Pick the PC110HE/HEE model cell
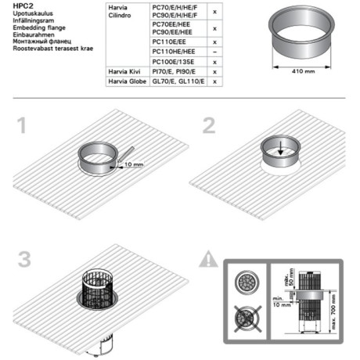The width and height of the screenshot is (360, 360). click(x=173, y=50)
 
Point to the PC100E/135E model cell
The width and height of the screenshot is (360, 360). click(x=173, y=60)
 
